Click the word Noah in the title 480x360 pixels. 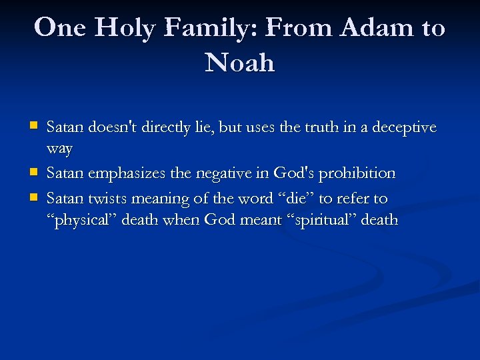coord(240,63)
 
